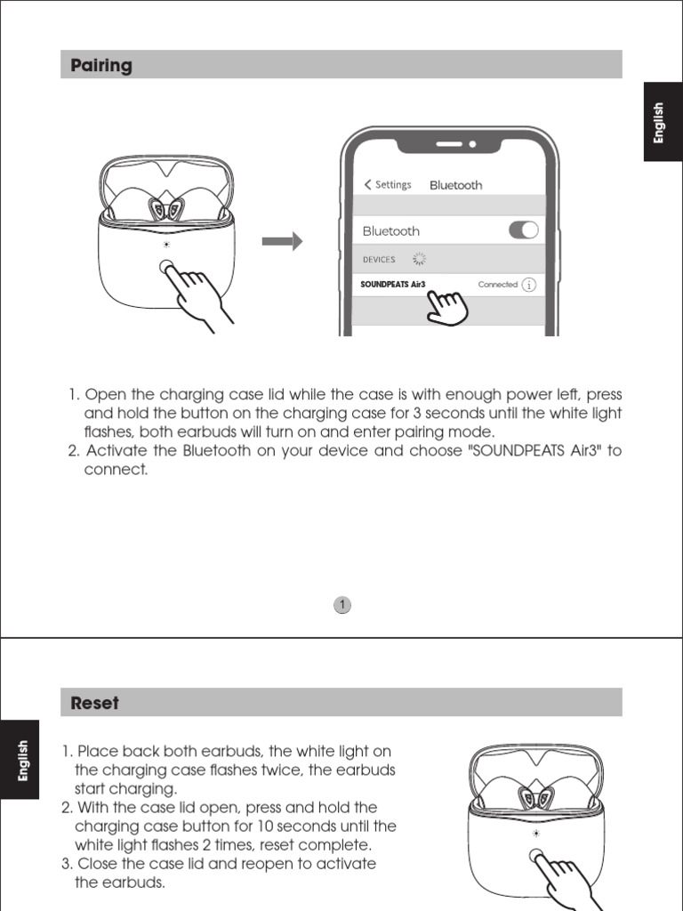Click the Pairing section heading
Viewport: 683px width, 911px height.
101,65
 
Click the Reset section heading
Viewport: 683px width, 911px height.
94,703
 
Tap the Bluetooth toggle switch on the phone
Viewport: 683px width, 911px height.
524,230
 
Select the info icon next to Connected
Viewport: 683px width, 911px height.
529,285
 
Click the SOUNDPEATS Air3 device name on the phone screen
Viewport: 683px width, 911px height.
392,285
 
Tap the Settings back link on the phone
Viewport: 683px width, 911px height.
388,185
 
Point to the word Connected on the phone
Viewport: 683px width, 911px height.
497,285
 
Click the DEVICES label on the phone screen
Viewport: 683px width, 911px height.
379,260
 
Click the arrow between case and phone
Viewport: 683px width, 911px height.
283,241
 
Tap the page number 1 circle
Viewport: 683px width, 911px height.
342,606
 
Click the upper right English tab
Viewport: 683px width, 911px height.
658,123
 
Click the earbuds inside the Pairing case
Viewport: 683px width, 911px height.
166,209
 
